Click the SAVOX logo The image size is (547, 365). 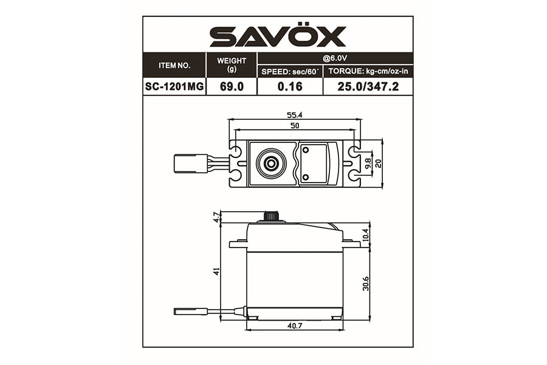point(278,36)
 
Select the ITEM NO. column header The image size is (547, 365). point(174,65)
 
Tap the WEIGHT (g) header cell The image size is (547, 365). point(232,64)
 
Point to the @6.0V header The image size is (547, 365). point(335,58)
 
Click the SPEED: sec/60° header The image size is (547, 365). point(290,72)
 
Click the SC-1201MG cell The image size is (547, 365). point(174,87)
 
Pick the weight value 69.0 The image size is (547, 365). point(232,87)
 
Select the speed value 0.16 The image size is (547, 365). point(290,87)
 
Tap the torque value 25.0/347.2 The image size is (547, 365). point(367,87)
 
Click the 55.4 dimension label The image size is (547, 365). point(295,114)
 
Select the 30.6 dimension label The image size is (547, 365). point(366,283)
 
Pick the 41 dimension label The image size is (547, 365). point(216,271)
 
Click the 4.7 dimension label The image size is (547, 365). point(216,217)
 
